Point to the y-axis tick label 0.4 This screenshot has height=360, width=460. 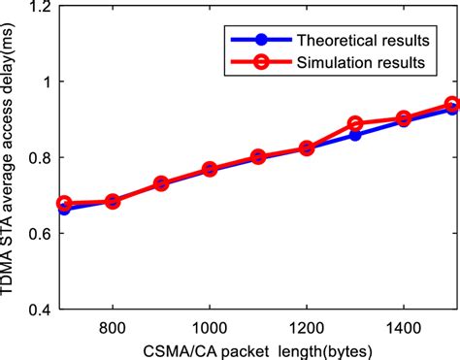[x=40, y=310]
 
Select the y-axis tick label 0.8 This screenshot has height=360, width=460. [x=40, y=157]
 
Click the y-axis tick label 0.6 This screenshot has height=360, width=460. [x=40, y=234]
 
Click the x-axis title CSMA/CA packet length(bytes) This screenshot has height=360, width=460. [x=258, y=348]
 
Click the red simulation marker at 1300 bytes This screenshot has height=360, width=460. [x=355, y=124]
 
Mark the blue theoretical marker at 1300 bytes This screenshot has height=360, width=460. [x=355, y=135]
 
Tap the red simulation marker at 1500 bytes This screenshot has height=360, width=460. [x=451, y=104]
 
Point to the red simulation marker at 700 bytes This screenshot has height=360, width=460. [x=64, y=204]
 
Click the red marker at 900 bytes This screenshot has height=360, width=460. [x=161, y=183]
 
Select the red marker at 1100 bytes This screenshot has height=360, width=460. [x=258, y=157]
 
